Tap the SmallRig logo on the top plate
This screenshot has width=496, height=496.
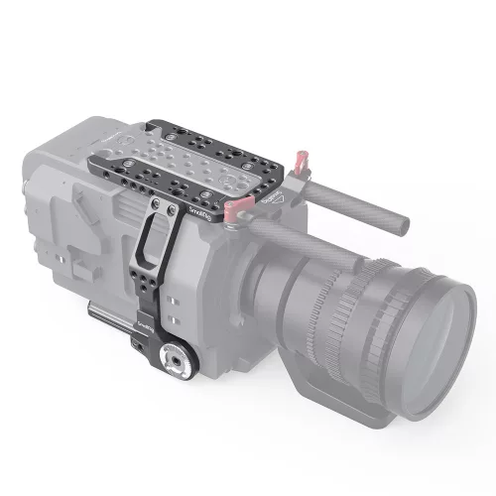[193, 216]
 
